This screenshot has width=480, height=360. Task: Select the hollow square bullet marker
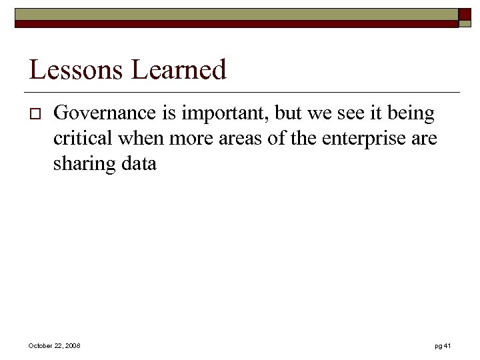click(35, 116)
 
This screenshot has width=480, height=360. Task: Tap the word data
click(139, 163)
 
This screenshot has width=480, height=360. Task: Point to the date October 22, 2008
click(54, 345)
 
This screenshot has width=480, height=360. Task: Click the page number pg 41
click(443, 345)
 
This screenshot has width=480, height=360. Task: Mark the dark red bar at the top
click(237, 24)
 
